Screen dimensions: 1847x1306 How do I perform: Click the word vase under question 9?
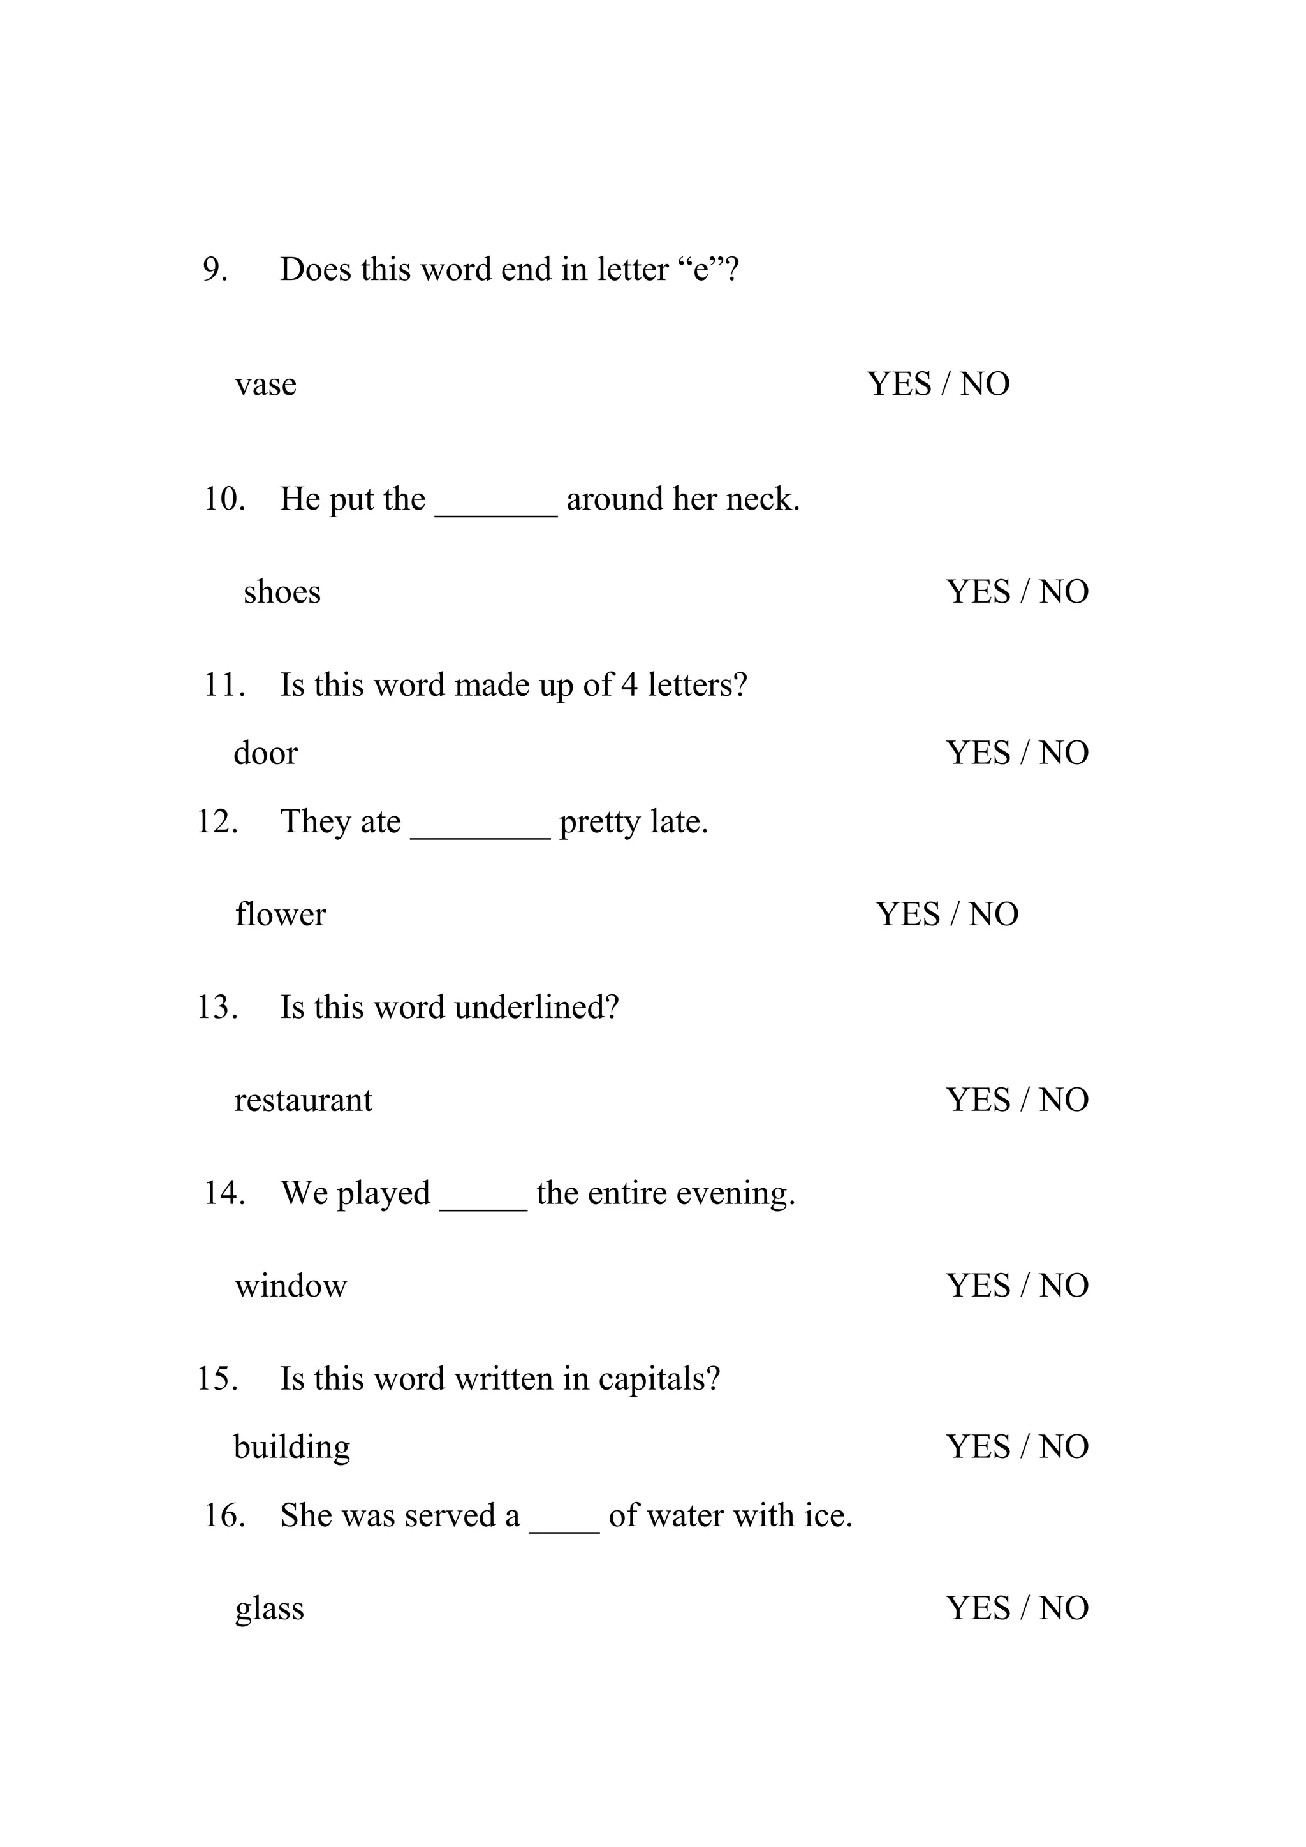click(265, 385)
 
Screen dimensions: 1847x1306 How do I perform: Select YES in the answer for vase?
click(899, 384)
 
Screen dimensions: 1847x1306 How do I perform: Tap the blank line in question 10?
click(495, 510)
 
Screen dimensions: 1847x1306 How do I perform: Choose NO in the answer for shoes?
click(1064, 592)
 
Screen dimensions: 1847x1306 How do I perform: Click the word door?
click(265, 753)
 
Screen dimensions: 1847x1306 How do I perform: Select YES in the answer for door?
click(978, 753)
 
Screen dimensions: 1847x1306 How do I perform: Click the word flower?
click(280, 915)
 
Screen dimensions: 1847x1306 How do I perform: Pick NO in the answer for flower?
click(993, 915)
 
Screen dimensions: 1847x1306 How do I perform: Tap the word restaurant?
click(303, 1100)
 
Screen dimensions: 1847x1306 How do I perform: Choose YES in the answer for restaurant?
click(978, 1100)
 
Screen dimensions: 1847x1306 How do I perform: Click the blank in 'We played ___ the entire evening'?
click(483, 1204)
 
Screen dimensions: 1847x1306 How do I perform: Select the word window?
click(290, 1286)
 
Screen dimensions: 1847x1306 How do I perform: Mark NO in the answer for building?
click(1064, 1447)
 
